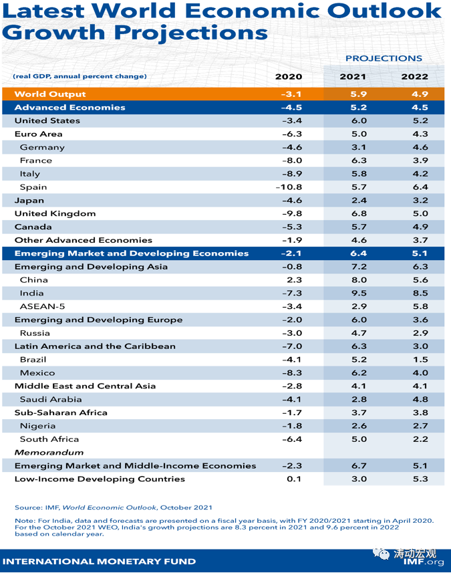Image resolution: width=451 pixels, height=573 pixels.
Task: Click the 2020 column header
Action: click(x=289, y=77)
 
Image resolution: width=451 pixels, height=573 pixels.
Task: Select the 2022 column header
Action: click(x=414, y=77)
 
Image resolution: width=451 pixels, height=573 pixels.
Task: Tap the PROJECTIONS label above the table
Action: click(x=384, y=58)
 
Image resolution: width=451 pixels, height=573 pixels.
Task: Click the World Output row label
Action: click(x=50, y=94)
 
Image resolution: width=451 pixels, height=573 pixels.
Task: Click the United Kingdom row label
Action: click(x=55, y=213)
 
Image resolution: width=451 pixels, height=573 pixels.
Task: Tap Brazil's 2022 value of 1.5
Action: click(x=420, y=359)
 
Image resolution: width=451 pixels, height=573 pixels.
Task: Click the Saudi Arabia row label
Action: click(x=50, y=399)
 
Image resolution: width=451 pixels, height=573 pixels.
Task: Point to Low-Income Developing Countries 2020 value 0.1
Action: click(x=294, y=479)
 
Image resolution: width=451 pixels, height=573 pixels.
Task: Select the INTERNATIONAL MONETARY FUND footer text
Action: click(x=100, y=562)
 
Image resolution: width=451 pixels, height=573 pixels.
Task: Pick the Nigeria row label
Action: click(x=38, y=426)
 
